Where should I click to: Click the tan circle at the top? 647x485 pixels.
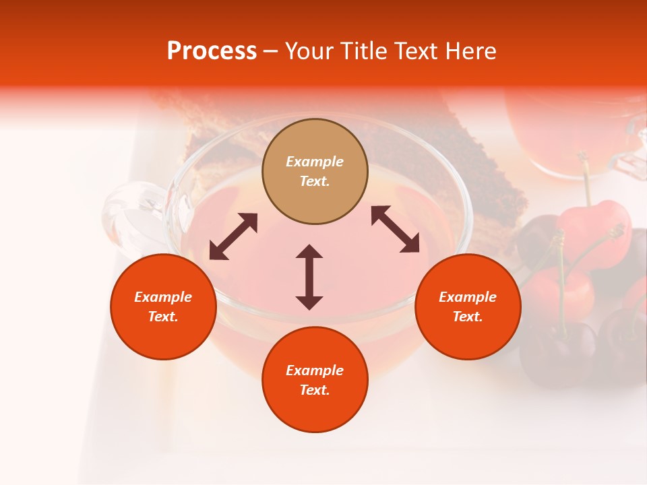pos(315,172)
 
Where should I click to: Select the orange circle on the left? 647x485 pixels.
pos(163,306)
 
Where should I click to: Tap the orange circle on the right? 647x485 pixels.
pos(468,306)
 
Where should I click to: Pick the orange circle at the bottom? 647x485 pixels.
pos(315,380)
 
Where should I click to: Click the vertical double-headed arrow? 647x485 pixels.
pos(309,277)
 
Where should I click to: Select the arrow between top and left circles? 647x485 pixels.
pos(233,236)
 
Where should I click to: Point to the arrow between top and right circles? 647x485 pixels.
pos(396,229)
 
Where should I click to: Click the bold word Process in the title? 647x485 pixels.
pos(212,51)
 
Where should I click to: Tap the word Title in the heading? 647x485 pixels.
pos(365,51)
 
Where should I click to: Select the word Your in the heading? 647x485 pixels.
pos(309,51)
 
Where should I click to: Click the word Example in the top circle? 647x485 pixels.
pos(315,162)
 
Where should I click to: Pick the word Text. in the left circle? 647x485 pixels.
pos(163,317)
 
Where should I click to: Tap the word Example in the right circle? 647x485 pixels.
pos(468,297)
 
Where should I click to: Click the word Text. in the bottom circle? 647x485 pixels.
pos(315,390)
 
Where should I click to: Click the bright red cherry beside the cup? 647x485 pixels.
pos(593,232)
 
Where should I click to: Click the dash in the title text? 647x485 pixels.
pos(271,51)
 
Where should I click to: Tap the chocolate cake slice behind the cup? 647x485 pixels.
pos(472,162)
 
